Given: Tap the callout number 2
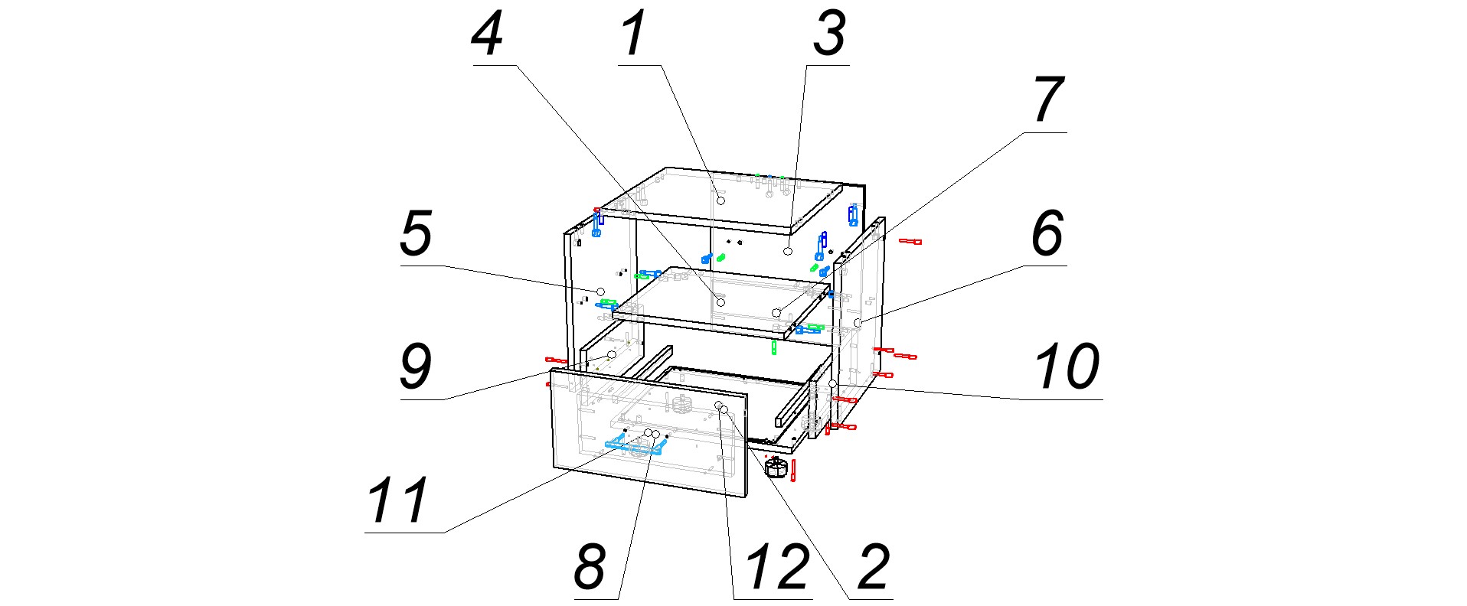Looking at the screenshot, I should pos(874,567).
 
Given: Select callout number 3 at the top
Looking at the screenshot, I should pos(829,34).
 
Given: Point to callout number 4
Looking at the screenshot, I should pos(488,34).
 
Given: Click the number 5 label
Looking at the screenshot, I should pos(417,233).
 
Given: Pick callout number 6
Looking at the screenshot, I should pos(1047,233).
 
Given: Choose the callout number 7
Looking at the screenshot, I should pos(1048,100).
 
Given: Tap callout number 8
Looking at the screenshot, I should pos(590,567).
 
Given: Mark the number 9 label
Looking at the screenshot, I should pos(417,367).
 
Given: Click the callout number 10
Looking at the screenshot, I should pos(1067,367).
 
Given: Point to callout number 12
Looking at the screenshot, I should pos(776,567).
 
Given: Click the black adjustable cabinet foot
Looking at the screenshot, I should pos(776,466).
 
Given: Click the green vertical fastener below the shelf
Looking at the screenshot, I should pos(774,348).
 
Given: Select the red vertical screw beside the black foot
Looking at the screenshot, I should pos(793,471).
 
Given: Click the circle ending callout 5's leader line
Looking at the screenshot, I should pos(601,292).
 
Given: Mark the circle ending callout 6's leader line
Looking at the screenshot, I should pos(858,322).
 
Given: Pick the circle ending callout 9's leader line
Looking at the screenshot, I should pos(611,355).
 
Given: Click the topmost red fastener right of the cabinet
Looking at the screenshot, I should pos(910,242).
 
